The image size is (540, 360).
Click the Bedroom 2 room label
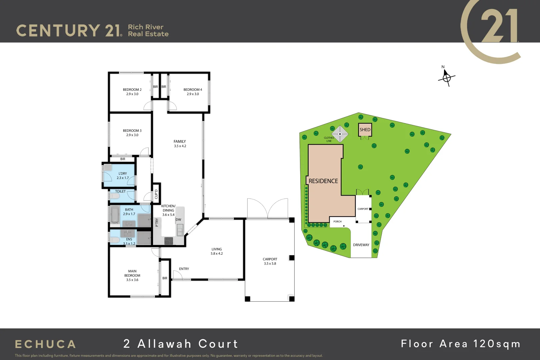point(132,90)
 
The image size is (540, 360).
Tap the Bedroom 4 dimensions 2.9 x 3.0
point(193,94)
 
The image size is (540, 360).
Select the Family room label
point(180,142)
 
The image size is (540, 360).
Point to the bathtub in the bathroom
point(115,214)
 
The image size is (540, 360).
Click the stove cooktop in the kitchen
point(169,241)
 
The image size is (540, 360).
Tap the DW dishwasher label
point(178,220)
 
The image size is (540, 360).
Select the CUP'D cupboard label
point(156,194)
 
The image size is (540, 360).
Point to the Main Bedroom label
point(132,273)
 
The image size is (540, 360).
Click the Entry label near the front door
point(184,269)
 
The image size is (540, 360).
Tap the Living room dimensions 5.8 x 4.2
point(217,254)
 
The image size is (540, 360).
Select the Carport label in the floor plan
point(270,259)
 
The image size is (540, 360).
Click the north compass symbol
point(446,78)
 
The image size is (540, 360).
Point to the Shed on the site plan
point(365,130)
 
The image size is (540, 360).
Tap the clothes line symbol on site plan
point(340,134)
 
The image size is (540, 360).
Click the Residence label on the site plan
point(323,181)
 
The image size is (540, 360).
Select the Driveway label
point(361,245)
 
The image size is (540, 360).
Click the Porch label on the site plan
point(337,222)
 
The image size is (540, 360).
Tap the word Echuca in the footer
point(45,344)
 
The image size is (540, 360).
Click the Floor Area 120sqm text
point(460,344)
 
